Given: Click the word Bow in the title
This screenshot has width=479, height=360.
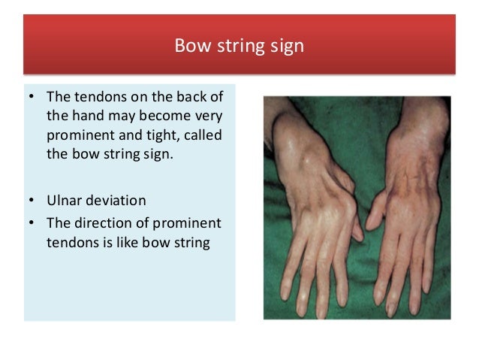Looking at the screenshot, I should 190,47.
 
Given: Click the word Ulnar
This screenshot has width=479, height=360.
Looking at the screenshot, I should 64,201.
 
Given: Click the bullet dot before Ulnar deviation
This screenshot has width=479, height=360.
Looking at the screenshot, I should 32,202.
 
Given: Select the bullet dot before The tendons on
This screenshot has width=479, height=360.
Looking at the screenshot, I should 32,99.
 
